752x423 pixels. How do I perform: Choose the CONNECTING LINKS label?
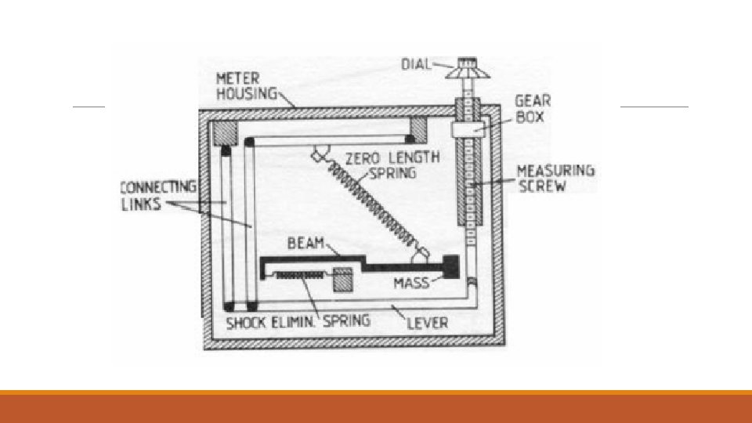pos(156,195)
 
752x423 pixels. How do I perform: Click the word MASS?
pos(411,282)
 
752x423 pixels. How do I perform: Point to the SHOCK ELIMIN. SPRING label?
pos(298,320)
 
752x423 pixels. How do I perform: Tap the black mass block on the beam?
pos(450,266)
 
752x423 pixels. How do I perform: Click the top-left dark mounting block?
pos(225,131)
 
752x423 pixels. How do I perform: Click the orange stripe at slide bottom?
pos(376,392)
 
